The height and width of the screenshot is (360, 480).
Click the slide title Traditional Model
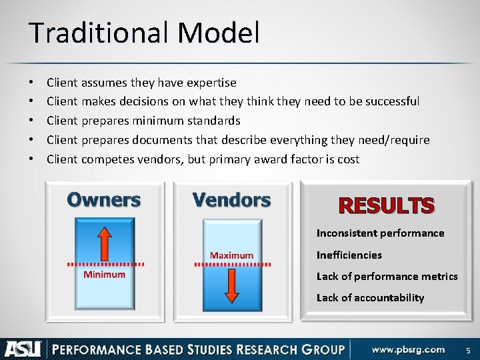tap(143, 33)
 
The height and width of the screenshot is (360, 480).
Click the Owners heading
tap(104, 199)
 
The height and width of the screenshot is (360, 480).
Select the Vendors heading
tap(231, 199)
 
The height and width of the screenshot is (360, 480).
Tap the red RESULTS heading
tap(387, 205)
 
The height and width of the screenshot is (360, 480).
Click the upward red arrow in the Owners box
tap(104, 242)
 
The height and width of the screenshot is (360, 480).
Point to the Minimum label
tap(104, 275)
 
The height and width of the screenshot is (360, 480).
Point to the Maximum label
tap(231, 255)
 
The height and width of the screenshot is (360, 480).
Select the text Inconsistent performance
tap(380, 233)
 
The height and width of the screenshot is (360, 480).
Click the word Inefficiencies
tap(349, 255)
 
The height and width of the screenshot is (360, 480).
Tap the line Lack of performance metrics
tap(387, 276)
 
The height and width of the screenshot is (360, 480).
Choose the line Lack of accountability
tap(370, 297)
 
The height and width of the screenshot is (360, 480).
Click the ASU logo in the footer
tap(23, 349)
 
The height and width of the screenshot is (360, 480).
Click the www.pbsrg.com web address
tap(409, 349)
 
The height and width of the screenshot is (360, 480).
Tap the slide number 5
tap(467, 350)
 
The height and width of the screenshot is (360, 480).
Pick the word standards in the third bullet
tap(213, 121)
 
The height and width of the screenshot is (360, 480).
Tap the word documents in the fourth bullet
tap(159, 140)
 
